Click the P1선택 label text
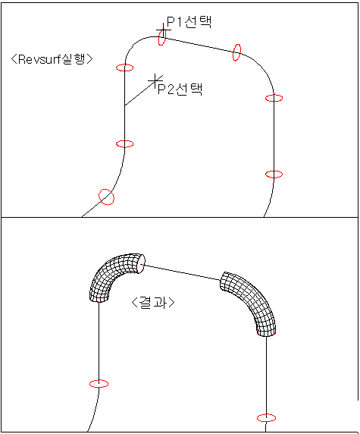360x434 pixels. pyautogui.click(x=189, y=21)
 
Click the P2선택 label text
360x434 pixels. pyautogui.click(x=180, y=89)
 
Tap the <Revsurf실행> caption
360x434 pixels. pyautogui.click(x=52, y=59)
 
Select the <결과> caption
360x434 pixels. pyautogui.click(x=153, y=302)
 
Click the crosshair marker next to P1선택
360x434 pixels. pyautogui.click(x=163, y=30)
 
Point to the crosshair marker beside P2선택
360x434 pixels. pyautogui.click(x=155, y=80)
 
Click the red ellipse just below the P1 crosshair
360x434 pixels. pyautogui.click(x=161, y=37)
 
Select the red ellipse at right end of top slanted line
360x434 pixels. pyautogui.click(x=236, y=52)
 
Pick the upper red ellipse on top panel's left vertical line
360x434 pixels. pyautogui.click(x=125, y=68)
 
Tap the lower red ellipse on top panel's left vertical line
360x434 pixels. pyautogui.click(x=125, y=144)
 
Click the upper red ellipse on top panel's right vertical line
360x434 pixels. pyautogui.click(x=274, y=98)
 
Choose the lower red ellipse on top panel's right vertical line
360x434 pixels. pyautogui.click(x=274, y=174)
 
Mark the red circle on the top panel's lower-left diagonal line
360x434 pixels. pyautogui.click(x=106, y=197)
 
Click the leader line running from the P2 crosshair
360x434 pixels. pyautogui.click(x=140, y=93)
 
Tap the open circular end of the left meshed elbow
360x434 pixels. pyautogui.click(x=141, y=264)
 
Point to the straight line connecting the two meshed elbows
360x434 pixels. pyautogui.click(x=182, y=273)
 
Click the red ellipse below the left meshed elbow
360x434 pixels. pyautogui.click(x=99, y=384)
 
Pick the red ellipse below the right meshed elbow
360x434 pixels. pyautogui.click(x=266, y=417)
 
